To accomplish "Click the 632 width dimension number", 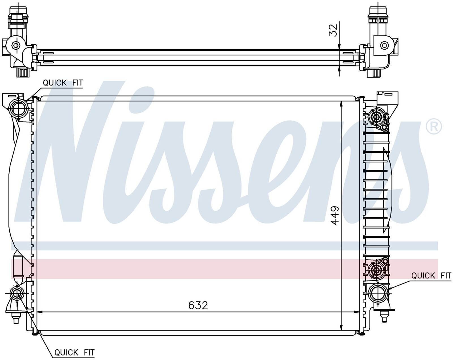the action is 198,305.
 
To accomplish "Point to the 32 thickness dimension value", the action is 333,31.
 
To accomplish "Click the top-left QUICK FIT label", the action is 63,83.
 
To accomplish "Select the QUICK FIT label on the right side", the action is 431,275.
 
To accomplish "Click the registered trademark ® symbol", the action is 434,127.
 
